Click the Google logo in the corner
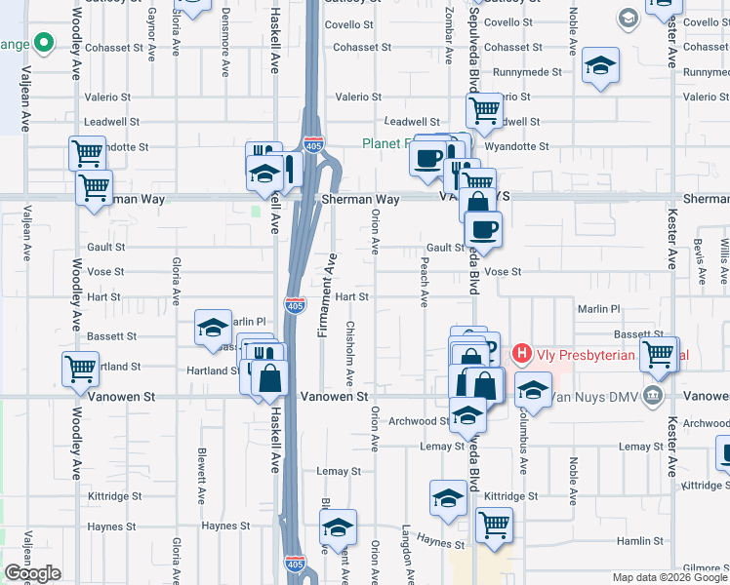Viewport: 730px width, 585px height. click(32, 573)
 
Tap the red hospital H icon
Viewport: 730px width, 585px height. click(522, 353)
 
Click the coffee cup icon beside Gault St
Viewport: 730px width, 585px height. click(482, 229)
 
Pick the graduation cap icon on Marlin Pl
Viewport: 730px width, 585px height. click(213, 329)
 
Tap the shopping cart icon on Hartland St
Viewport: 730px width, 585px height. click(80, 369)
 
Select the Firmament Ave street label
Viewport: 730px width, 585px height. click(328, 294)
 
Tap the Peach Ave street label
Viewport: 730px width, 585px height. click(425, 283)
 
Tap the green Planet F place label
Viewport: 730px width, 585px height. click(385, 143)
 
